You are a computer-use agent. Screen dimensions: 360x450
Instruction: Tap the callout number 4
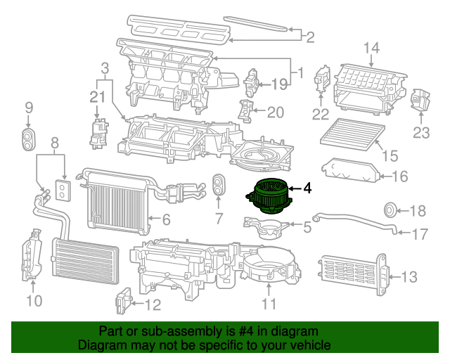[x=307, y=188]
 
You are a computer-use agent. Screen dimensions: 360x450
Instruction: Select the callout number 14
[x=371, y=48]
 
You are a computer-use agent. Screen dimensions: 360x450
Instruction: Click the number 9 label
[x=29, y=108]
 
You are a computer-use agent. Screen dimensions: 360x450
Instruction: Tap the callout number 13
[x=410, y=276]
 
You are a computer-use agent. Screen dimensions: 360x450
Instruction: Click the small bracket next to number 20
[x=245, y=110]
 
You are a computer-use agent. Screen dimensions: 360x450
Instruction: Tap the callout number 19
[x=279, y=84]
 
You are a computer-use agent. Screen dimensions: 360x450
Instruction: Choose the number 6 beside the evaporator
[x=166, y=220]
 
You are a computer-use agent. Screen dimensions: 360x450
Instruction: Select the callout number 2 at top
[x=309, y=36]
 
